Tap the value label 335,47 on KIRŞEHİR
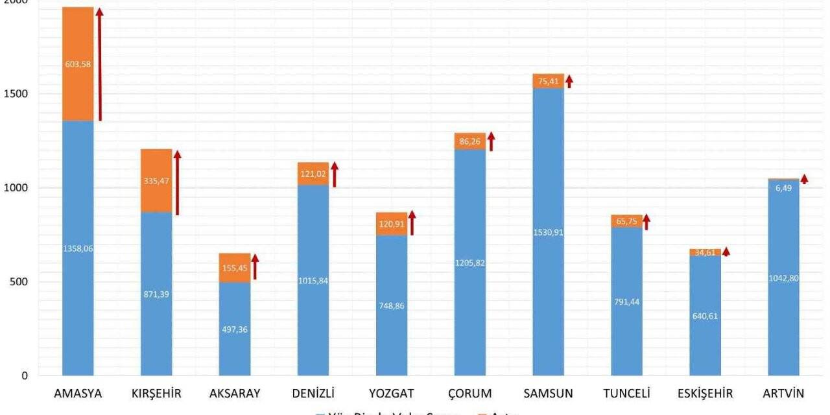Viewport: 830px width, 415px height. point(156,181)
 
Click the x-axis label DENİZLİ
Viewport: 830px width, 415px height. point(313,394)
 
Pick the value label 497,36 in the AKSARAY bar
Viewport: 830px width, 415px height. point(235,329)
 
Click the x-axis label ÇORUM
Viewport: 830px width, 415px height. point(469,394)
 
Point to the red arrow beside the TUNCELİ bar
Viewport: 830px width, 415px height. point(646,222)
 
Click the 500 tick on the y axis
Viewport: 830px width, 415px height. point(18,282)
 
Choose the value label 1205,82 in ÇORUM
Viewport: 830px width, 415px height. point(469,263)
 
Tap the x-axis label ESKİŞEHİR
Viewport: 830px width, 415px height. point(705,394)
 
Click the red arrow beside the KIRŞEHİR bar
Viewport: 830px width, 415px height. point(177,182)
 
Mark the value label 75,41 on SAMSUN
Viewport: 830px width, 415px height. point(548,81)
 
